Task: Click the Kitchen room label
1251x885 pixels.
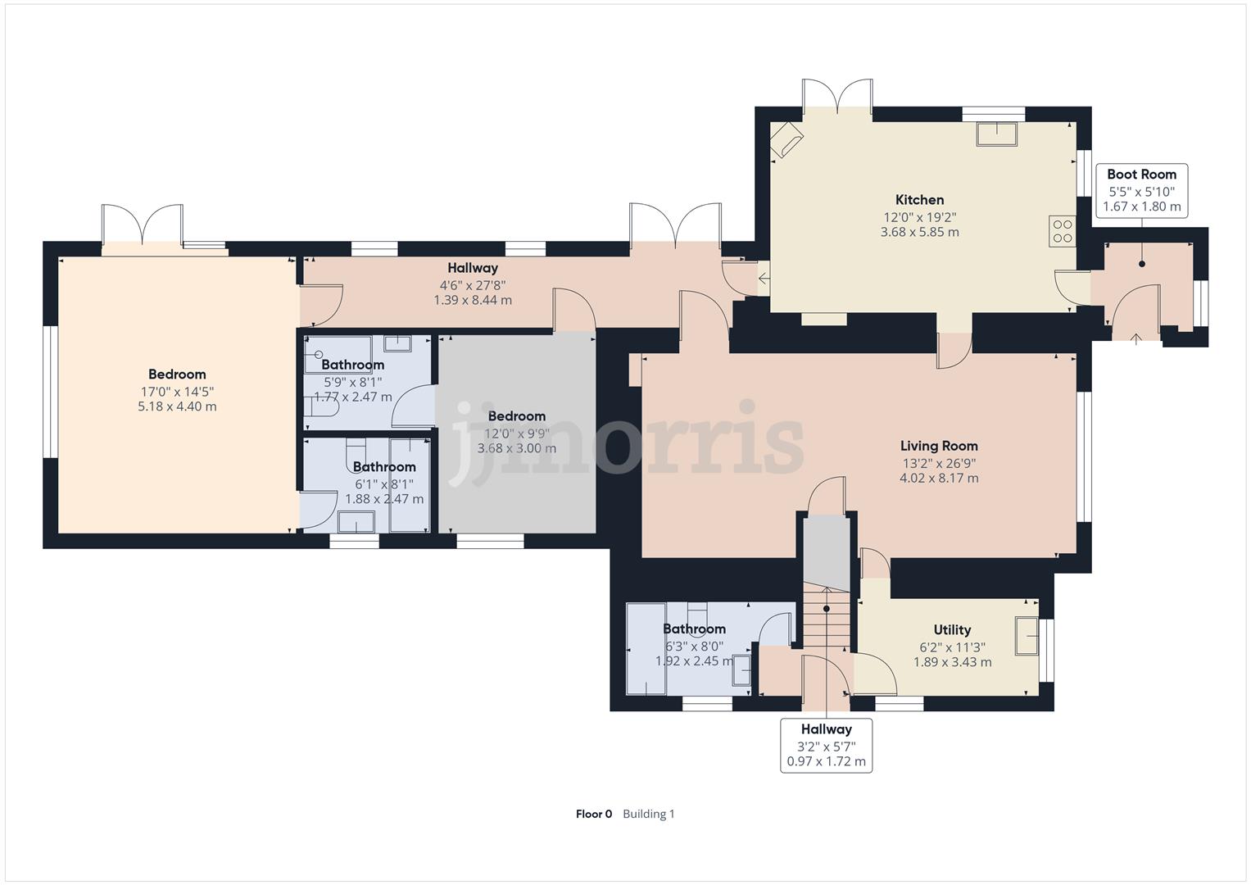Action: click(919, 199)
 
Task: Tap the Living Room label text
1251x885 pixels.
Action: click(939, 446)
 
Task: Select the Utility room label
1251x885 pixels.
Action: click(952, 629)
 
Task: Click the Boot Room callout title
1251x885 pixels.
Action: click(1141, 175)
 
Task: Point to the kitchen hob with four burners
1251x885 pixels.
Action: click(1063, 231)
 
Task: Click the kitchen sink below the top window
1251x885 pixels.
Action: click(997, 134)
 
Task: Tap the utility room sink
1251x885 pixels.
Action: click(1027, 636)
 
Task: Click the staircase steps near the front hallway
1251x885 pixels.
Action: click(827, 615)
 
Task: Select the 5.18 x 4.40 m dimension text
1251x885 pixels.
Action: click(177, 406)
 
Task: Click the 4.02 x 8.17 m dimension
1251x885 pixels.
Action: click(939, 478)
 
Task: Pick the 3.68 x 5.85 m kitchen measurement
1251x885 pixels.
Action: click(919, 232)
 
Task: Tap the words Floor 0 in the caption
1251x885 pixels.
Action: click(594, 814)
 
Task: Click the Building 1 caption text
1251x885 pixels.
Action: click(648, 814)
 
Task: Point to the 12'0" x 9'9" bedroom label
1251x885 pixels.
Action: click(517, 433)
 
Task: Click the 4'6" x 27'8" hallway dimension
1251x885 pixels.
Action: click(473, 285)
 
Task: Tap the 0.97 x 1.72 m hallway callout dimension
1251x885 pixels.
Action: click(826, 761)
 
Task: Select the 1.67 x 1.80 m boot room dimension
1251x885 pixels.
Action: click(1141, 206)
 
